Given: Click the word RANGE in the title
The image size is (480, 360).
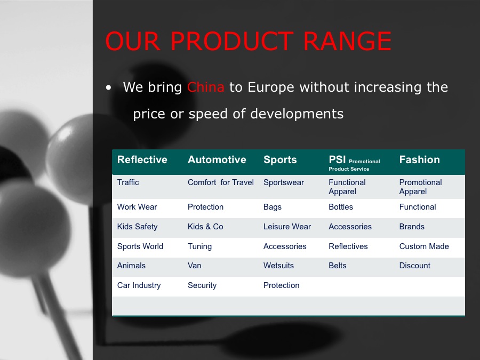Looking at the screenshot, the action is coord(347,41).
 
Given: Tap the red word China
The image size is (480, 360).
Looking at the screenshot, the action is coord(206,87).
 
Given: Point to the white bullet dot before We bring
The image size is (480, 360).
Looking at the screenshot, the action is coord(108,88).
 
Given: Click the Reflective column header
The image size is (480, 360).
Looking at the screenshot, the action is coord(142,159).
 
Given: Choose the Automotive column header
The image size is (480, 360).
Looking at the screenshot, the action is coord(217,159).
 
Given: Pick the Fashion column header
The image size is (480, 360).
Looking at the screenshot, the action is coord(419,159).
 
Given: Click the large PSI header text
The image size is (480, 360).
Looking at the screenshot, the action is coord(337,159).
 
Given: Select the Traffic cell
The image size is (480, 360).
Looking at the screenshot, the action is coord(128,182).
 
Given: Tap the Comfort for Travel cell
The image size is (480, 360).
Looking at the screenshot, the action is coord(221,182).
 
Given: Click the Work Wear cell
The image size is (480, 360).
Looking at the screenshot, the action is coord(137,207).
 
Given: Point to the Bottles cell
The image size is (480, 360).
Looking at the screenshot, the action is coord(341,207).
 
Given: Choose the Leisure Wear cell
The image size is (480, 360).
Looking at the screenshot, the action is coord(287,227).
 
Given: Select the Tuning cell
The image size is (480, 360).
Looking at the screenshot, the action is coord(199,246).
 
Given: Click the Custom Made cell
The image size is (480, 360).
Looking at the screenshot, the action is coord(424,246).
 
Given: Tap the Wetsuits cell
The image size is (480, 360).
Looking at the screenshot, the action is coord(278,266).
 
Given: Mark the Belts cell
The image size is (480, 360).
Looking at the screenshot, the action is coord(338,266).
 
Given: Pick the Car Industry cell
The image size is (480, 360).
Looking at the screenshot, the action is coord(139,285).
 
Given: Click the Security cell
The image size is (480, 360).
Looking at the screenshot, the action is coord(202,285).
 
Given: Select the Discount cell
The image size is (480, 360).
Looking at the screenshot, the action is coord(414,266).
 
